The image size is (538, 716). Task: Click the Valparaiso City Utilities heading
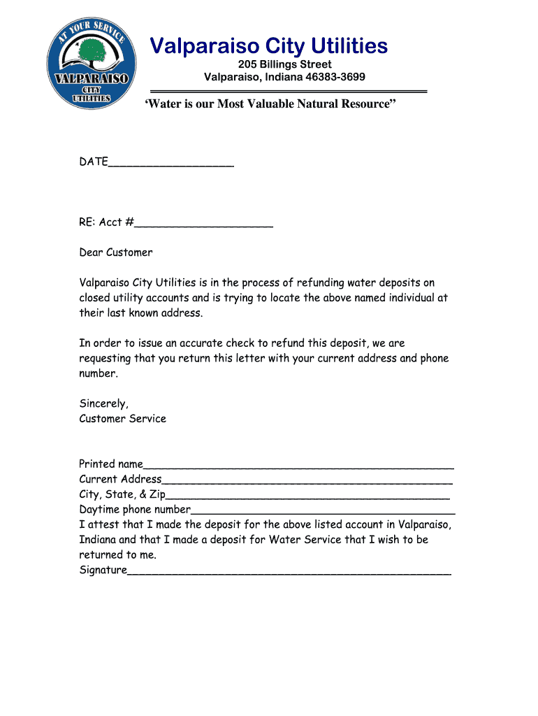[x=269, y=46]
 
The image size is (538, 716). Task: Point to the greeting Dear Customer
[x=115, y=252]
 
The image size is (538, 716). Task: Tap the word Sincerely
[x=103, y=403]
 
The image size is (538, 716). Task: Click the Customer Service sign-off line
[x=122, y=419]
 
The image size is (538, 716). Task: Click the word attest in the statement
[x=103, y=524]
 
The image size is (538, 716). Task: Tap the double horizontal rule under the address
[x=289, y=91]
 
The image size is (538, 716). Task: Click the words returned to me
[x=117, y=555]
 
